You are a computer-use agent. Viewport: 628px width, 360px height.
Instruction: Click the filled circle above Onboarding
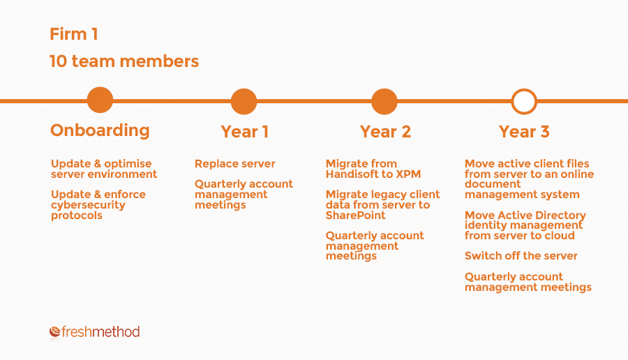pos(100,100)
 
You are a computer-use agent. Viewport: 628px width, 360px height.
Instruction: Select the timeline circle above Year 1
pos(244,101)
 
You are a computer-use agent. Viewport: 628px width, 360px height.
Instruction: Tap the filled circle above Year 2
pos(384,101)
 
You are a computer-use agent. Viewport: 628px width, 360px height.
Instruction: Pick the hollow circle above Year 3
pos(524,90)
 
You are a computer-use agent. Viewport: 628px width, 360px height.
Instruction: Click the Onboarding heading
pos(100,130)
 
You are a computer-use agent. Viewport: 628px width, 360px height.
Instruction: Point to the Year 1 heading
pos(244,132)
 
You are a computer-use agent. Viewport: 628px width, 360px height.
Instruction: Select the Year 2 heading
pos(385,132)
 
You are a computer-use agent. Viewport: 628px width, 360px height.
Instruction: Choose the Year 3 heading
pos(524,132)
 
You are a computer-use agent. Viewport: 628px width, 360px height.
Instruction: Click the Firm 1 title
pos(74,34)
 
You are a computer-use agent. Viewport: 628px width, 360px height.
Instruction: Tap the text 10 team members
pos(124,61)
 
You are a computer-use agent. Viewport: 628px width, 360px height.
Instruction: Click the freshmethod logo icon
pos(55,331)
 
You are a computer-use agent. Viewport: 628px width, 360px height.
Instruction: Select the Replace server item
pos(234,164)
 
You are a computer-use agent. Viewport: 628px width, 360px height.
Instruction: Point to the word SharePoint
pos(356,216)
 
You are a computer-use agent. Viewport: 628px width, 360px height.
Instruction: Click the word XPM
pos(408,174)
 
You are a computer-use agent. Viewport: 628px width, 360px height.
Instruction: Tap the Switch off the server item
pos(521,256)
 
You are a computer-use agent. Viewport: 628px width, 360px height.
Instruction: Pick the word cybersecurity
pos(88,205)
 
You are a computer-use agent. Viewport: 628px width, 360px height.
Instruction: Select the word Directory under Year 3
pos(560,216)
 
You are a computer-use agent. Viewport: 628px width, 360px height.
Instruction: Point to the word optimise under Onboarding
pos(128,164)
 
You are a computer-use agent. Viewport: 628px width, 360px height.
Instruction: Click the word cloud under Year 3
pos(558,235)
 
